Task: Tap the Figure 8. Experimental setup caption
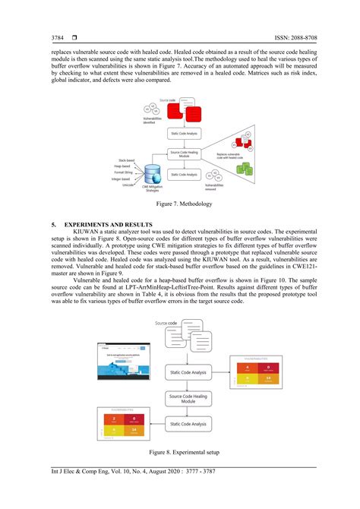[180, 452]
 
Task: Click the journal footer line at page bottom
[137, 473]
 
